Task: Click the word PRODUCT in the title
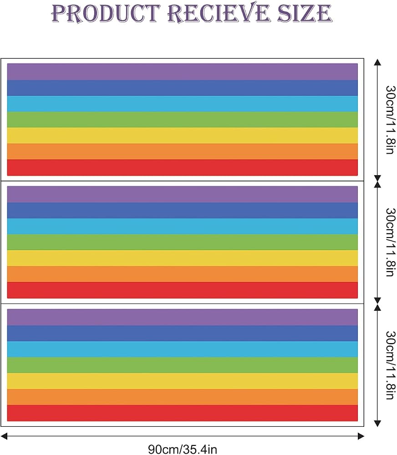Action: [x=106, y=14]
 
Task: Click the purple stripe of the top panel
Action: [x=183, y=72]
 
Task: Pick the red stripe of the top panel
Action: [x=183, y=167]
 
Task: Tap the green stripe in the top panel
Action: [x=183, y=120]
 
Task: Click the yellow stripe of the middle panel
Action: [x=183, y=258]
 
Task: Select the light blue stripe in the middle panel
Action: [x=183, y=226]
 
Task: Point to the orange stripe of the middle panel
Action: [x=183, y=274]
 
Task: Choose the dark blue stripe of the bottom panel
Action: [x=183, y=334]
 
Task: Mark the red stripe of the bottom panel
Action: [x=183, y=413]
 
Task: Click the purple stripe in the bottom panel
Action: [x=183, y=318]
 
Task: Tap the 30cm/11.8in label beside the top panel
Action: [x=390, y=120]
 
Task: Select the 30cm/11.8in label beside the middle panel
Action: [x=390, y=243]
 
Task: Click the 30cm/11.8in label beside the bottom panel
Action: [x=390, y=365]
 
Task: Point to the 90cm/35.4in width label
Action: [x=183, y=449]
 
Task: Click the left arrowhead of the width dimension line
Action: [x=4, y=436]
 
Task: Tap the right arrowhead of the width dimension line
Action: [x=361, y=436]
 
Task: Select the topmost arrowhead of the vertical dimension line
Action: [x=377, y=62]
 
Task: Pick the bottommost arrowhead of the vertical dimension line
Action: [x=377, y=423]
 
